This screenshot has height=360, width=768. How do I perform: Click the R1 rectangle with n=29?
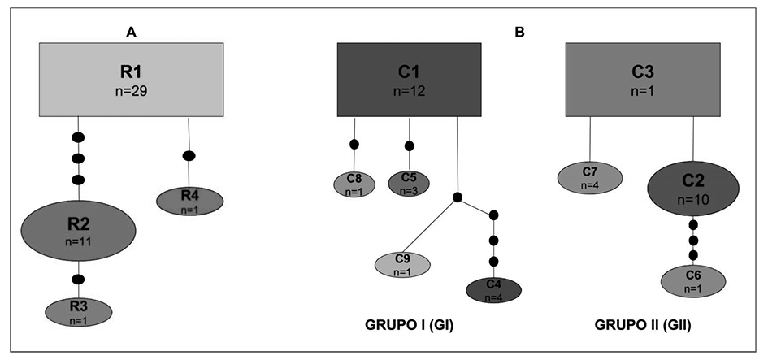coord(132,79)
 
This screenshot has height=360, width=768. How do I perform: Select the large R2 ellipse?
coord(78,232)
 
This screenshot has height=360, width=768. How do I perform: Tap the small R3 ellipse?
coord(77,310)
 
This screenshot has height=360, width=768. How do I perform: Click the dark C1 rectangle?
coord(408,79)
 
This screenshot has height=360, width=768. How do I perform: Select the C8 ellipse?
coord(354,184)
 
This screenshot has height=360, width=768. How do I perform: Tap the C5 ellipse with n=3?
coord(409,183)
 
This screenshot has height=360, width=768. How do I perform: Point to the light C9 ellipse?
coord(402,264)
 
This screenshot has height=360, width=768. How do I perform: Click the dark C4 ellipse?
coord(493,288)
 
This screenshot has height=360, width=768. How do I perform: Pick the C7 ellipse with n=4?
coord(589,178)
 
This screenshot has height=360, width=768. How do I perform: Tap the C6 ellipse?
coord(692,280)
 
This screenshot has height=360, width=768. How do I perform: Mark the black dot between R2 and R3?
coord(78,280)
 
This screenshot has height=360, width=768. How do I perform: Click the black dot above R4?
coord(189,155)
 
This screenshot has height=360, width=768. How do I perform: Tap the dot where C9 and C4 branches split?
coord(458,197)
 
